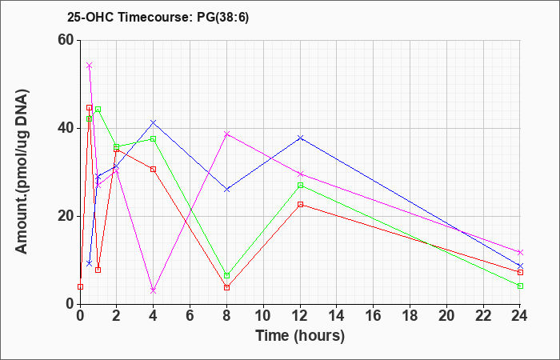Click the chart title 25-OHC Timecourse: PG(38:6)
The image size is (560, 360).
(158, 18)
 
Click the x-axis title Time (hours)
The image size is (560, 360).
(300, 336)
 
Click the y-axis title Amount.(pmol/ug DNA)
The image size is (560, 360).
(22, 171)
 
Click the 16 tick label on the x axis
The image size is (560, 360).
(374, 316)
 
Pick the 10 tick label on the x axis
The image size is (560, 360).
(263, 316)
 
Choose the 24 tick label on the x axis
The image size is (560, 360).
(520, 316)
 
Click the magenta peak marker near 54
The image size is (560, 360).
(90, 66)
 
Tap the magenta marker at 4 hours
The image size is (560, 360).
(154, 290)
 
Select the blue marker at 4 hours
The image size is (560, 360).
(154, 122)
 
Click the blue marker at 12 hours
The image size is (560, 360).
(300, 138)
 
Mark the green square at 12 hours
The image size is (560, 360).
(300, 186)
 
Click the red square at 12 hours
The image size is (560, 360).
(300, 205)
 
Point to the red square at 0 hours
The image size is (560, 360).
(80, 286)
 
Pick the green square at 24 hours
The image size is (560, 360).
(520, 286)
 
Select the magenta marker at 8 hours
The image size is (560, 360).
(226, 134)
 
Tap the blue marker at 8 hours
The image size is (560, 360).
(226, 190)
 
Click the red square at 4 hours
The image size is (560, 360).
(154, 170)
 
